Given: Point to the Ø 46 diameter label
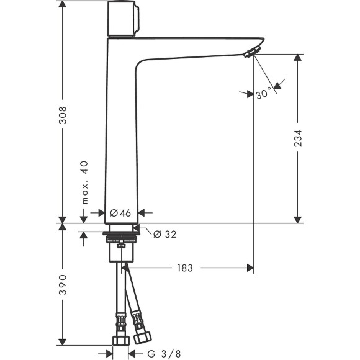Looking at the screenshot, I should (x=120, y=212).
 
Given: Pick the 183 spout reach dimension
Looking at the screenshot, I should (x=184, y=268).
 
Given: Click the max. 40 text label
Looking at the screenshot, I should (x=84, y=182).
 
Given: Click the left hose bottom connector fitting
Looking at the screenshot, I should (x=120, y=341).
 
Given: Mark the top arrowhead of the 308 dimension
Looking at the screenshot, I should (x=63, y=5).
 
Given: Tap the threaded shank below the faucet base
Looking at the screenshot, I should (x=122, y=239).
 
